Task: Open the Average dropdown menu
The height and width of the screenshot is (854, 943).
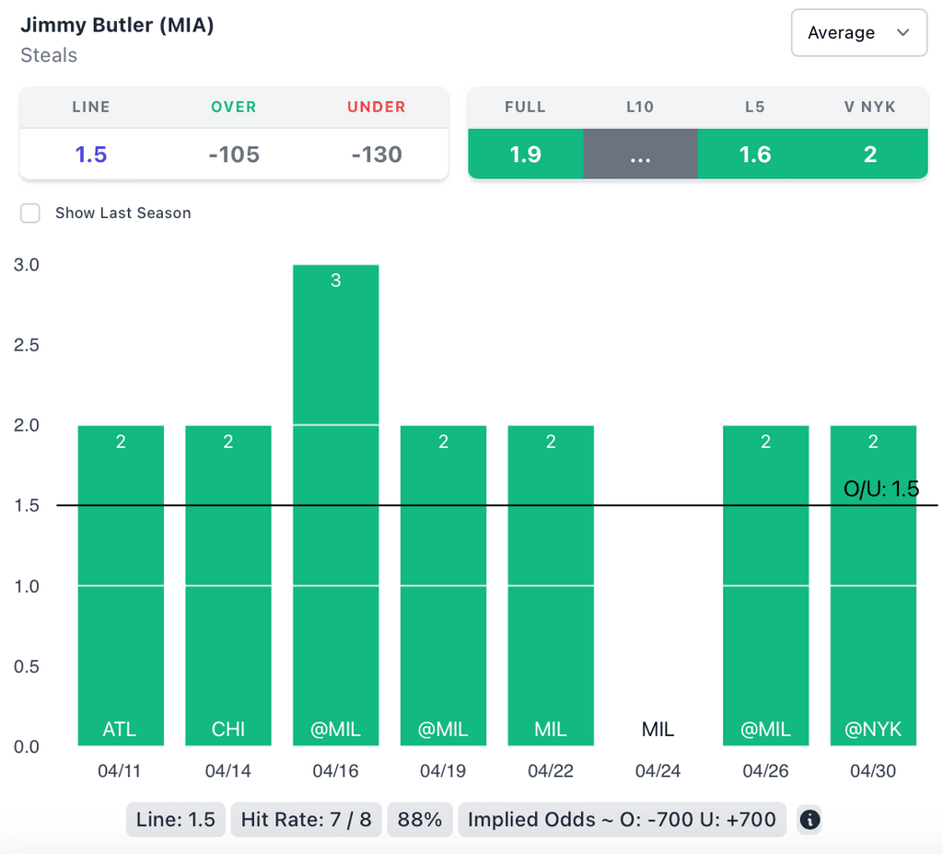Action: point(858,33)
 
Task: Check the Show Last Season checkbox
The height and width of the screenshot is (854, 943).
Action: point(30,213)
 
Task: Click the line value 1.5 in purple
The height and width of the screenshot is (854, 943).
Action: point(91,154)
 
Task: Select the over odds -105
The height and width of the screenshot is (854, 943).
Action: point(234,154)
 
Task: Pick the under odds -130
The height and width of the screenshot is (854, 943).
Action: point(377,154)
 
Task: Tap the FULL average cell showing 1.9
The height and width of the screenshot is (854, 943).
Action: point(525,154)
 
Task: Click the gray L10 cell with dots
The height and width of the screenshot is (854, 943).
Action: point(640,154)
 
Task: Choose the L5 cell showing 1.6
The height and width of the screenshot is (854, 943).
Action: point(755,154)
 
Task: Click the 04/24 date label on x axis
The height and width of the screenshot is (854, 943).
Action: point(658,771)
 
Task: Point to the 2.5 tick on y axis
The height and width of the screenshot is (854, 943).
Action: point(26,345)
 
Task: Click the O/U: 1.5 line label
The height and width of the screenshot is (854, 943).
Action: point(880,489)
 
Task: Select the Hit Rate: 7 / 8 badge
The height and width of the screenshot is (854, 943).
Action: point(306,819)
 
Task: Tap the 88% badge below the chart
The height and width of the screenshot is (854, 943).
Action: point(420,819)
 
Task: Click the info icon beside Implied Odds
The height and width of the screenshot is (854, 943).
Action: point(809,819)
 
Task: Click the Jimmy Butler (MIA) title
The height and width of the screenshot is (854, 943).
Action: point(117,25)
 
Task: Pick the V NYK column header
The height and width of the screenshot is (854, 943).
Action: point(869,107)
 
